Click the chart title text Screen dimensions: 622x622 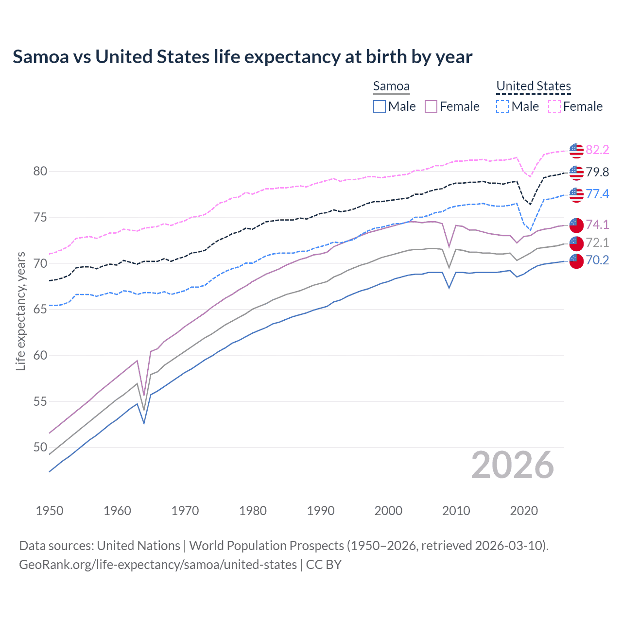point(242,57)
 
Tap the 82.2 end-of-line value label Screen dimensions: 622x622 point(597,150)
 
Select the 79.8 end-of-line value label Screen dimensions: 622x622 point(597,172)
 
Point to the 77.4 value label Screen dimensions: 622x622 point(597,194)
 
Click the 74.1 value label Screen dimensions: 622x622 point(597,225)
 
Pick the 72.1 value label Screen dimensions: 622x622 point(597,242)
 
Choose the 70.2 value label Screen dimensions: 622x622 point(597,260)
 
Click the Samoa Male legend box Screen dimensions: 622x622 point(380,106)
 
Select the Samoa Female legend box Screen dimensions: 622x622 point(431,106)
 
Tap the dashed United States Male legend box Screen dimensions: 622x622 point(502,106)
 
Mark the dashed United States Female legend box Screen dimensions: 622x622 point(554,106)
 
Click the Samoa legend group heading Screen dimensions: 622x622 point(391,86)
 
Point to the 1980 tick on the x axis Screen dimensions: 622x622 point(253,511)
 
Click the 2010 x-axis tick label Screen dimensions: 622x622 point(456,511)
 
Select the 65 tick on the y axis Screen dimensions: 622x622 point(40,310)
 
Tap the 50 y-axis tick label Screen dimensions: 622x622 point(40,447)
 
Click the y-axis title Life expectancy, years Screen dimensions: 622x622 point(20,311)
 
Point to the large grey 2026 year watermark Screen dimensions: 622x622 point(512,465)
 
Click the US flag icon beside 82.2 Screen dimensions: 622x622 point(576,151)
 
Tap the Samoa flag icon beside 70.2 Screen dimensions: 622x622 point(576,261)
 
